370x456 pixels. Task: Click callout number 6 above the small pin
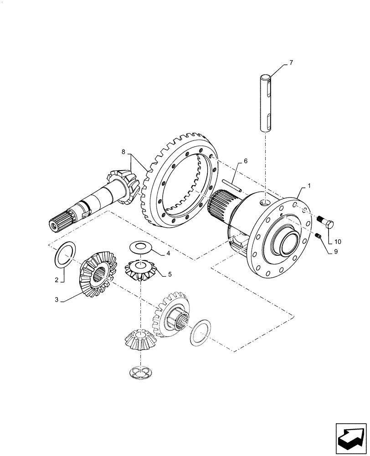pos(246,161)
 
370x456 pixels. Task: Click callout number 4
pos(168,253)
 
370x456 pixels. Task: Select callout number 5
pos(170,274)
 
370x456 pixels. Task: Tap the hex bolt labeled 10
pos(327,224)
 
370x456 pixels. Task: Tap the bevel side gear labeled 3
pos(98,274)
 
